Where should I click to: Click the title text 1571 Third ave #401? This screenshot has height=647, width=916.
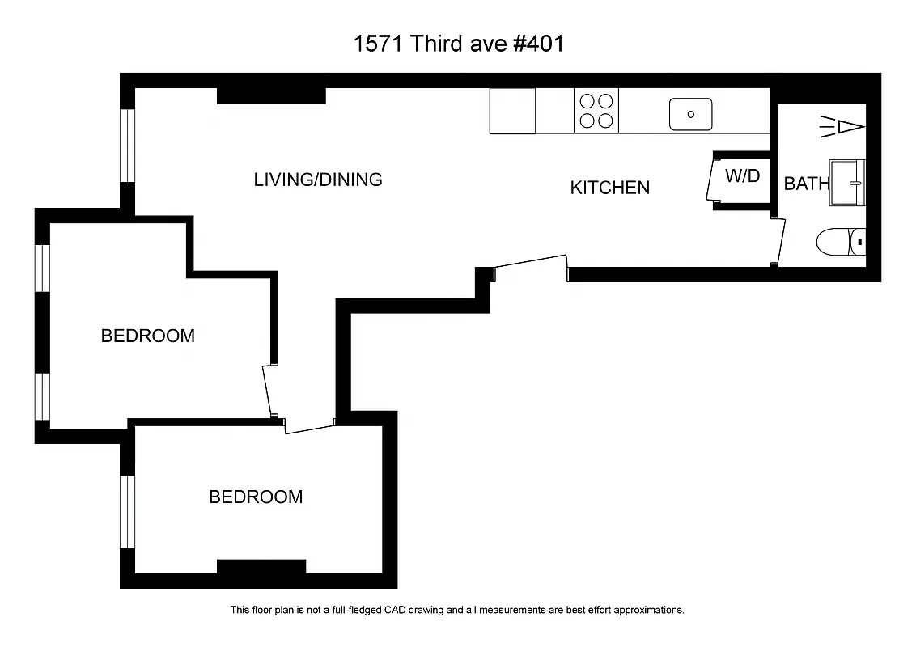458,44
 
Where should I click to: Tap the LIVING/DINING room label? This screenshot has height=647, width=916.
318,180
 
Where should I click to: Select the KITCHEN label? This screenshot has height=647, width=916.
609,188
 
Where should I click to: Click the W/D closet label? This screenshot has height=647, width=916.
742,175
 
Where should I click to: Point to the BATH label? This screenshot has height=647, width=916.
806,184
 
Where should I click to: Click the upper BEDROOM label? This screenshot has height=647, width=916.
147,336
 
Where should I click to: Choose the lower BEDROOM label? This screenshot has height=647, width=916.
256,497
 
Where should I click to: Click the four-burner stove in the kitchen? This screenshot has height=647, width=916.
596,111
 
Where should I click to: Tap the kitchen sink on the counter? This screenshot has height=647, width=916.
690,114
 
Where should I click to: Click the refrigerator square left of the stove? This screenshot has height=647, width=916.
512,111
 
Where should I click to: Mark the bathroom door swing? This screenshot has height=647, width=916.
779,241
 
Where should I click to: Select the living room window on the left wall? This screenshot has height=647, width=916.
127,146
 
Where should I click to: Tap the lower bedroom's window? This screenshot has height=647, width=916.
127,511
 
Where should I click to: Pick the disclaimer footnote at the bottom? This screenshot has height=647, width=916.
457,610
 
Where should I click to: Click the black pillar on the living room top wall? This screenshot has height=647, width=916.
271,95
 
